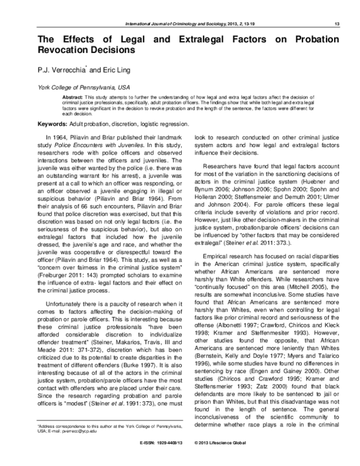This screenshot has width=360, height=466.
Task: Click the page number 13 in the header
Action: point(336,23)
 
